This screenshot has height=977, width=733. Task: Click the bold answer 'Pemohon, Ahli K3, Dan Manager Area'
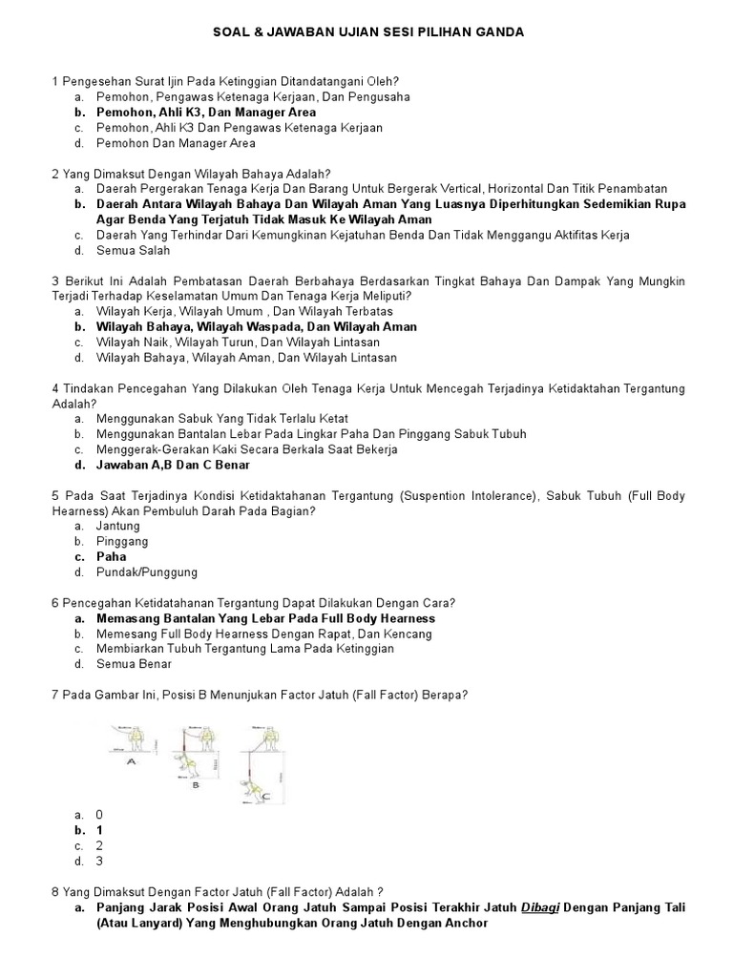(x=205, y=113)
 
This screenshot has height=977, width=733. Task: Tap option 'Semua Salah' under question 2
(x=133, y=250)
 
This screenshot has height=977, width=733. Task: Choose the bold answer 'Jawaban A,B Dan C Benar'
(x=173, y=465)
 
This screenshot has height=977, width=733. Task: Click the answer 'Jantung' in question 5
(x=117, y=526)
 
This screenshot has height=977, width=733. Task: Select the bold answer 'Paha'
(x=111, y=556)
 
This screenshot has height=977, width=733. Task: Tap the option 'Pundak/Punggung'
(x=146, y=572)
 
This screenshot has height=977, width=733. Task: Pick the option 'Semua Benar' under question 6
(x=134, y=663)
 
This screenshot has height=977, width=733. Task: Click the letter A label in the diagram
(x=130, y=763)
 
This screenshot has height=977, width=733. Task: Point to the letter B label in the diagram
(x=195, y=786)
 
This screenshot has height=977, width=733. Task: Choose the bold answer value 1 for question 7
(x=99, y=830)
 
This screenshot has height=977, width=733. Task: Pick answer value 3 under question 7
(x=99, y=861)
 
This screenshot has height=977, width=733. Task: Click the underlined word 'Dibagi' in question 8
(x=541, y=907)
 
